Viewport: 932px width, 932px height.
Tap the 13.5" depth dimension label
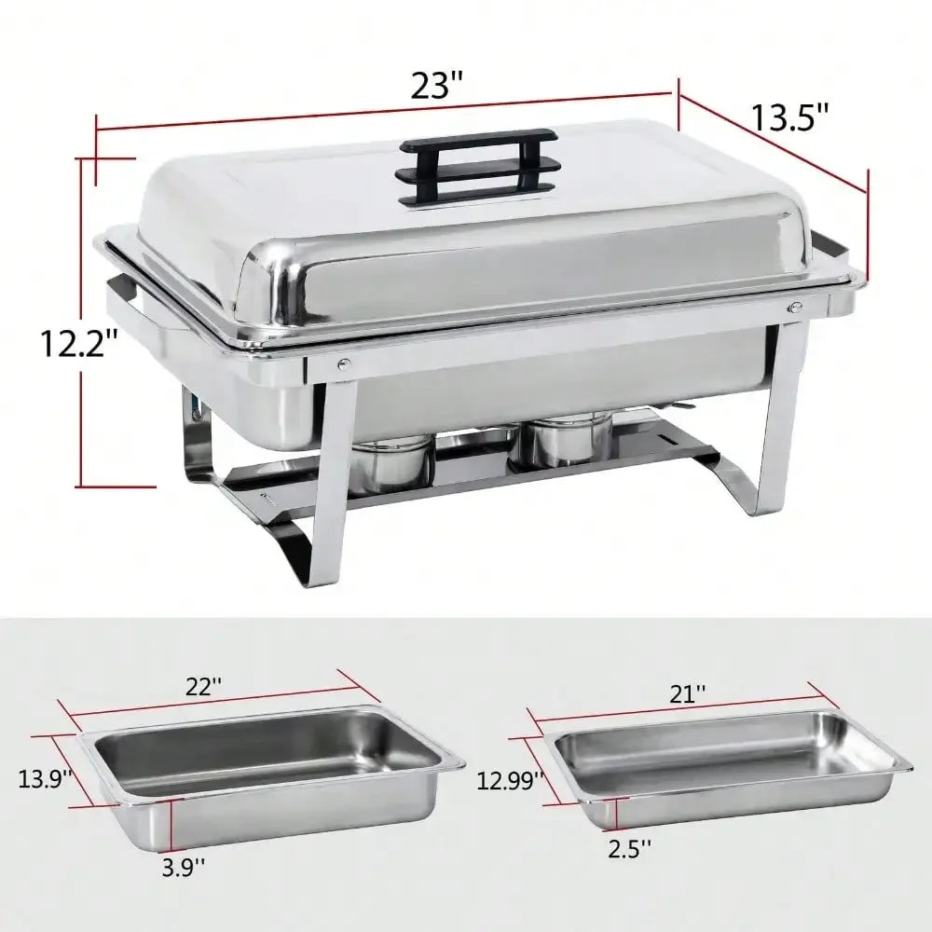click(791, 118)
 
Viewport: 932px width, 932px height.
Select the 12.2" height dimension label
click(78, 343)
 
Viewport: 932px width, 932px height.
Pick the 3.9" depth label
click(183, 867)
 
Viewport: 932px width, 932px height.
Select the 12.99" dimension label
click(509, 780)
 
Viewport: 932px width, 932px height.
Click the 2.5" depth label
click(629, 849)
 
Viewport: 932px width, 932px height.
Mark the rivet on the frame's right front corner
click(795, 308)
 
